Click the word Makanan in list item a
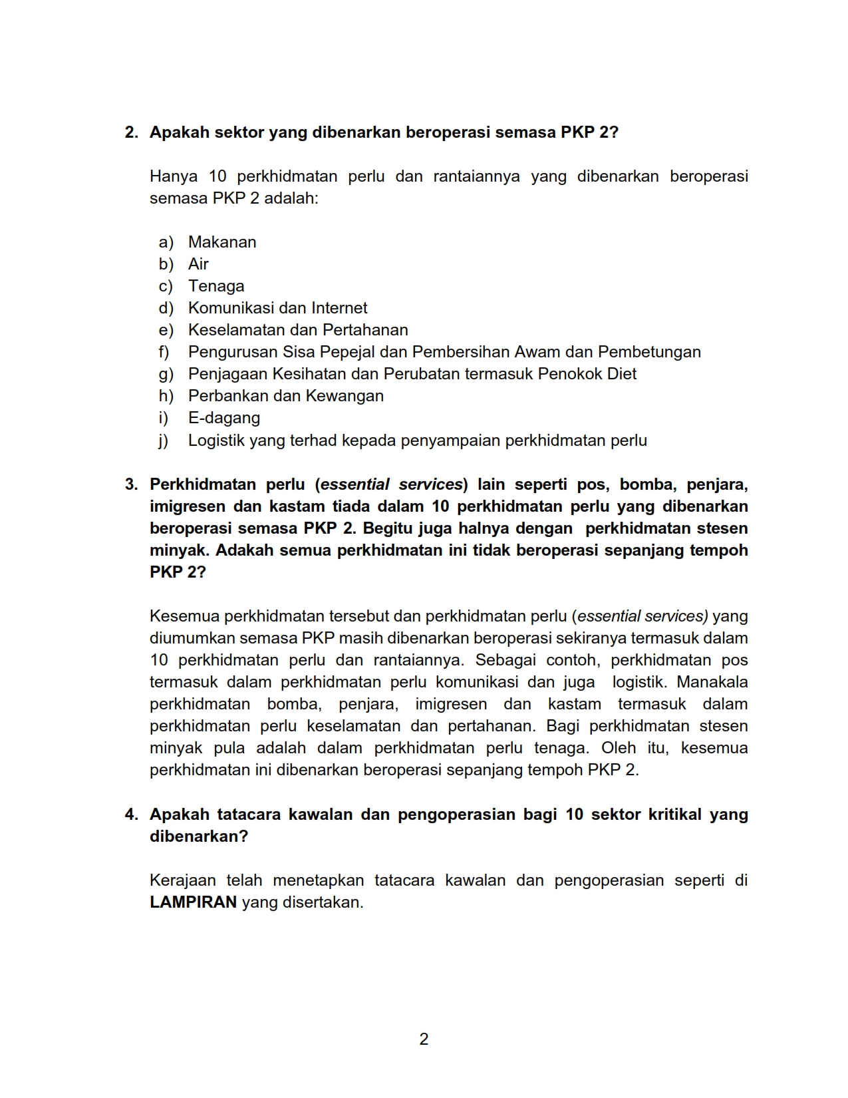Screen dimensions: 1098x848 tap(222, 242)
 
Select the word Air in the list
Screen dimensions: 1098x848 tap(198, 264)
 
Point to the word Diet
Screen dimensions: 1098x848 tap(622, 374)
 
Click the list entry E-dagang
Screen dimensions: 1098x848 tap(223, 418)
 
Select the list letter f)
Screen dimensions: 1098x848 tap(164, 352)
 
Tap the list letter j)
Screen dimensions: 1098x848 tap(164, 441)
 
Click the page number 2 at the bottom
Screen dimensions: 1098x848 tap(424, 1039)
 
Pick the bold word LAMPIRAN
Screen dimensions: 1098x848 tap(193, 903)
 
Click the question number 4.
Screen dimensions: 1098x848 tap(131, 815)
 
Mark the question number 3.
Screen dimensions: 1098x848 tap(131, 484)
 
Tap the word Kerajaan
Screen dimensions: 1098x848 tap(183, 880)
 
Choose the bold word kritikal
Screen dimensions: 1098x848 tap(674, 815)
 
